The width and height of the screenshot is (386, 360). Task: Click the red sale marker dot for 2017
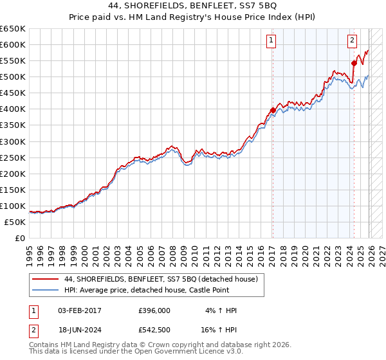[x=272, y=110]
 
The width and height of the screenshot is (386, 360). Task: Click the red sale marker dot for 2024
[x=354, y=63]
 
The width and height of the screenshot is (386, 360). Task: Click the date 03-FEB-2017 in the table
[x=79, y=310]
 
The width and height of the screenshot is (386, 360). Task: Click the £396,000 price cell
[x=154, y=310]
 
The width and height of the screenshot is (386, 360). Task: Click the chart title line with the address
[x=192, y=7]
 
